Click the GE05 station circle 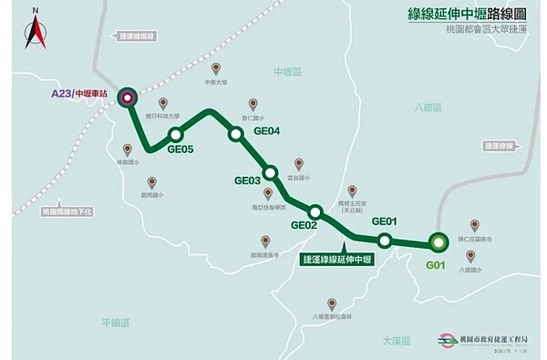click(176, 136)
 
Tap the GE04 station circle click(235, 134)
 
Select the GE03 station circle click(269, 172)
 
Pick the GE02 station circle click(315, 211)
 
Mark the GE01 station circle click(385, 241)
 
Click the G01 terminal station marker click(439, 242)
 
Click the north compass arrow click(35, 32)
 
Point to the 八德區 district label click(426, 108)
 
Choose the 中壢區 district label click(287, 71)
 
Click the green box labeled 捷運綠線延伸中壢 click(342, 259)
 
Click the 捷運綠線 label click(500, 145)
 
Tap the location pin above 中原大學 click(216, 68)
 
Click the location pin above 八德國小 click(470, 256)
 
